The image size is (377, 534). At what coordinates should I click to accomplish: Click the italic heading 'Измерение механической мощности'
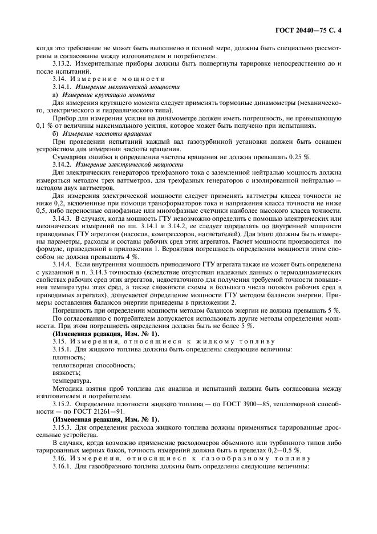[125, 87]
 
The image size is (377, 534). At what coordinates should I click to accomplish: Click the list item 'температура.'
[71, 386]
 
